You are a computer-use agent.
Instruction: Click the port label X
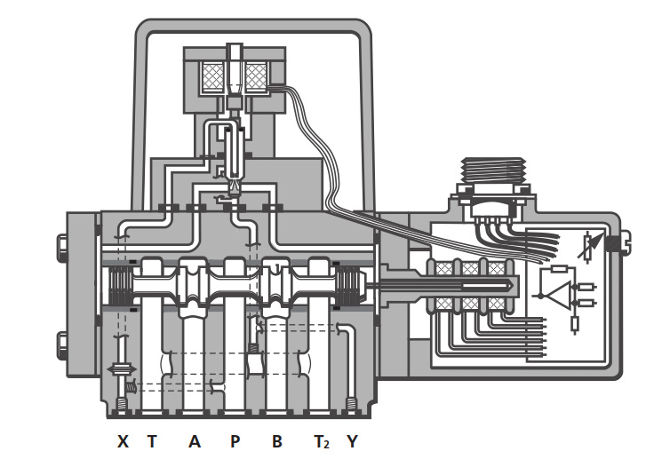coord(123,441)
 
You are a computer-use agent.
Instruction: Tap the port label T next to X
coord(152,441)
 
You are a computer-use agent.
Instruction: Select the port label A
coord(195,441)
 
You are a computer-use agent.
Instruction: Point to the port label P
coord(235,441)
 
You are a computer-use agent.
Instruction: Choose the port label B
coord(277,441)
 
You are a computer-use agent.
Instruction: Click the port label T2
coord(322,442)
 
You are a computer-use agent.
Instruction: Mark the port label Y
coord(352,441)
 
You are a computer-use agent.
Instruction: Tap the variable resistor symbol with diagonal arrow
coord(590,245)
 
